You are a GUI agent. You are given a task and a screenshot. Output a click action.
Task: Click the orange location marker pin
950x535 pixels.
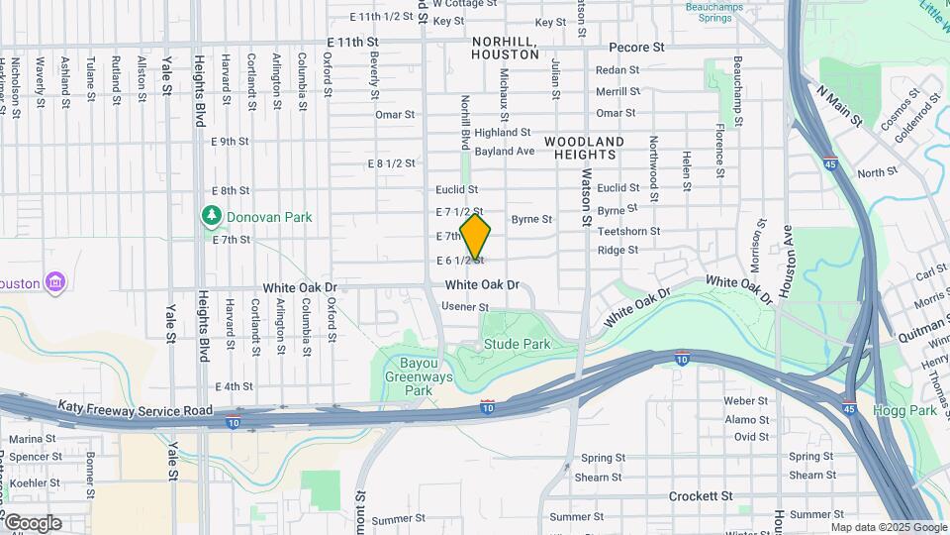(475, 237)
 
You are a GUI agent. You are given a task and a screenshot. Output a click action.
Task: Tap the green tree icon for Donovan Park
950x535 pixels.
(210, 216)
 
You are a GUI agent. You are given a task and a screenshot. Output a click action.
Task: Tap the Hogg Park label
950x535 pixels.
(898, 409)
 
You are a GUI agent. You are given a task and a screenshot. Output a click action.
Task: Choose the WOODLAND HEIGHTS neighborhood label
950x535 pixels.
(584, 149)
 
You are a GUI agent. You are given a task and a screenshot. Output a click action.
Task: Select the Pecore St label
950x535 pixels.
(636, 47)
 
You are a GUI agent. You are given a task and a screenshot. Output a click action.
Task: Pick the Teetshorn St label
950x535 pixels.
(628, 231)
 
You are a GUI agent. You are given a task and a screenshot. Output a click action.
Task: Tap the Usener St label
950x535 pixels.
(465, 308)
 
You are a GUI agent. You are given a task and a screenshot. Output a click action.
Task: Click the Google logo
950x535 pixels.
(32, 522)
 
